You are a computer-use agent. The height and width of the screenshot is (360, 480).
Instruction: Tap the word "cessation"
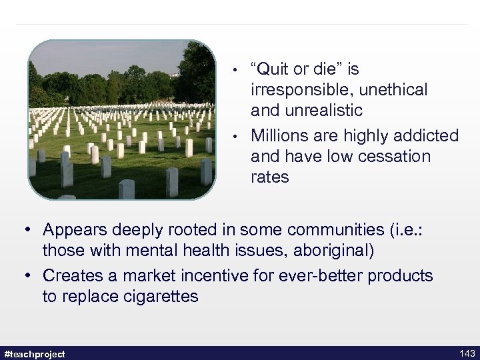(x=393, y=157)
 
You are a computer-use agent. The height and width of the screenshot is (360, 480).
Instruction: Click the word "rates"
(x=270, y=177)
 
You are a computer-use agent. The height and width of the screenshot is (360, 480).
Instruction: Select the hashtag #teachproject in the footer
(x=35, y=353)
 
